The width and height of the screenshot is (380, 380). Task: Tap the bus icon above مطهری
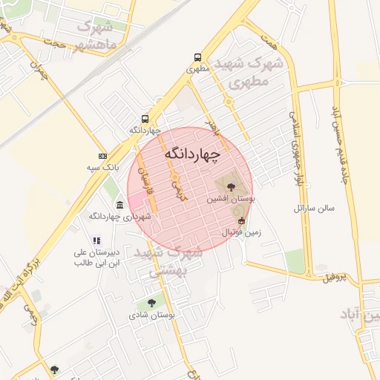[x=197, y=57]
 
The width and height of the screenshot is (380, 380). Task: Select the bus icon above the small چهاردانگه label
[x=145, y=118]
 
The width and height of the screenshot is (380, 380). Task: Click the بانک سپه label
[x=103, y=168]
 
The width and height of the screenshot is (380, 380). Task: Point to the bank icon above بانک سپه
[x=102, y=156]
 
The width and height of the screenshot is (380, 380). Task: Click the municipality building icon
[x=119, y=204]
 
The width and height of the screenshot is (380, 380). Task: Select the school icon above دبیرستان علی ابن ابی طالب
[x=96, y=240]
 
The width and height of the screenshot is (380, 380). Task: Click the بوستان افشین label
[x=230, y=200]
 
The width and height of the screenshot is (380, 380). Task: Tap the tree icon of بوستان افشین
[x=230, y=186]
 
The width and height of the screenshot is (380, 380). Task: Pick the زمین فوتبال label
[x=242, y=232]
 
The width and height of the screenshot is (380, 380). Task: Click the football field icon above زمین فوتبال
[x=240, y=220]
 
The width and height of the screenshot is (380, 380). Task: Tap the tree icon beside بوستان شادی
[x=151, y=303]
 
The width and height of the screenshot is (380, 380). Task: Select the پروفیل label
[x=335, y=278]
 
